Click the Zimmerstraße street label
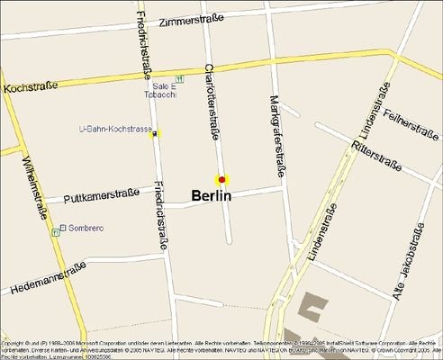point(213,21)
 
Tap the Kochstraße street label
point(31,86)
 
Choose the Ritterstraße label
point(376,156)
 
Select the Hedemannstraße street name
point(50,278)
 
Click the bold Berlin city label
point(212,195)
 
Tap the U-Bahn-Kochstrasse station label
point(115,130)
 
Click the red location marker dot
point(221,179)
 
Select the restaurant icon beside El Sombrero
point(55,231)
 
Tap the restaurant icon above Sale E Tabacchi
point(180,78)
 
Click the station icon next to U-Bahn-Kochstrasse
point(157,134)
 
